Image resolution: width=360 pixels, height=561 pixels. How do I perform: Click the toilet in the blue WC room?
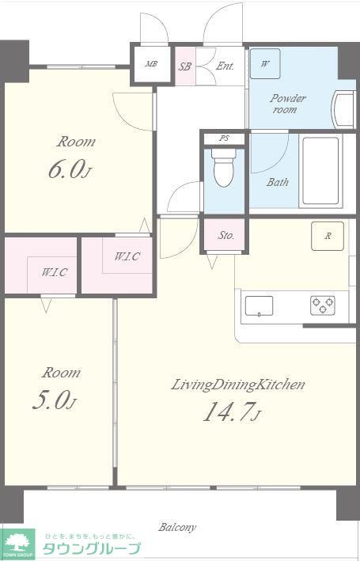224,168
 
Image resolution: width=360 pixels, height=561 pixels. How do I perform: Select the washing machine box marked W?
265,63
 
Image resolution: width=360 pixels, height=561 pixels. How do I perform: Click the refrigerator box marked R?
328,236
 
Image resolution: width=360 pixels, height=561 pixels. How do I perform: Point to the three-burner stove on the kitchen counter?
323,305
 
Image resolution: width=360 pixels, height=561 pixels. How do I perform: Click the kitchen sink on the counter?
259,306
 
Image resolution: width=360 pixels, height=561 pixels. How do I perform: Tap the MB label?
151,64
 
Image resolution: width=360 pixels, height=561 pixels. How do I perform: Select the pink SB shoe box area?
185,66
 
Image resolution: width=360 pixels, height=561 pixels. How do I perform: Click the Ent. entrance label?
225,66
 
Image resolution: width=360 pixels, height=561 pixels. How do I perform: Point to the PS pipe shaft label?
225,138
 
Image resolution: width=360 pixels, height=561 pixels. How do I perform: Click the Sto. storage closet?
224,235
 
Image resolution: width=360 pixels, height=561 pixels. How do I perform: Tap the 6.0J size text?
70,169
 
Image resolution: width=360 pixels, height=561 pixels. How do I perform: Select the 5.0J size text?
55,401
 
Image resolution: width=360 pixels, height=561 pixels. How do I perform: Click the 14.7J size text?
233,411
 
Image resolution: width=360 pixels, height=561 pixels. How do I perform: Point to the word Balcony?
177,527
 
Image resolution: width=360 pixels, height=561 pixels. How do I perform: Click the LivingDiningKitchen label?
238,385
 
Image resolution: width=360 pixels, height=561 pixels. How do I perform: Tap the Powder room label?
288,104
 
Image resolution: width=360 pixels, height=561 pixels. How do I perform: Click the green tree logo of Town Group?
17,542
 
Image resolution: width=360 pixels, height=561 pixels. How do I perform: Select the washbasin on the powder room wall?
344,109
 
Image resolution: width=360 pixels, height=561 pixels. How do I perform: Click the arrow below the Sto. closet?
212,262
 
